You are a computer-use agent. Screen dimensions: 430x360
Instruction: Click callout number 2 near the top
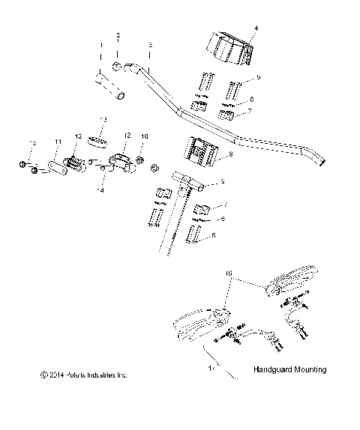(118, 36)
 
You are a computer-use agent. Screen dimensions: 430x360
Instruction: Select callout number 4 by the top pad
(256, 28)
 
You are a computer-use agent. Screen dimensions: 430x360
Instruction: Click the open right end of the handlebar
(321, 159)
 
